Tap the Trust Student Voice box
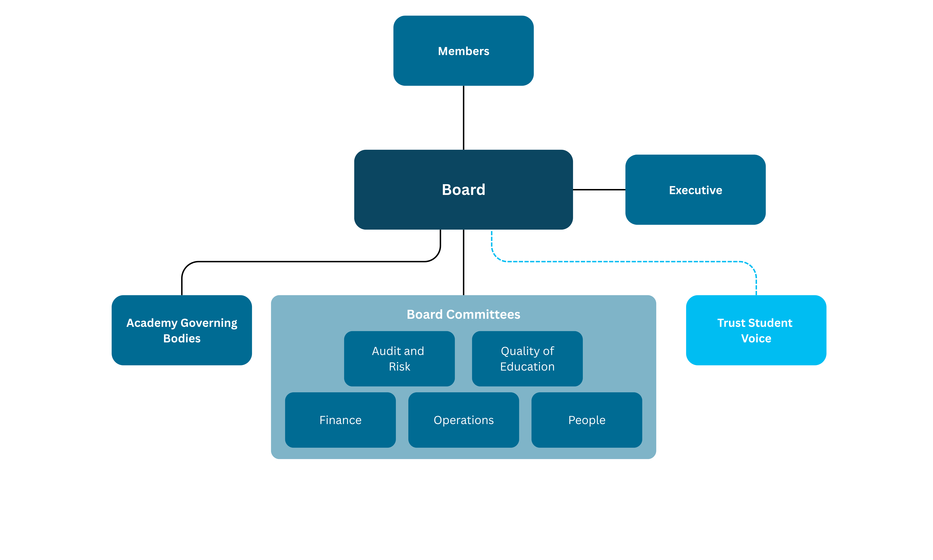tap(756, 330)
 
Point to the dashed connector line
tap(622, 261)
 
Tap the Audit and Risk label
tap(398, 359)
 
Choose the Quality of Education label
tap(527, 359)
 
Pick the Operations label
tap(464, 420)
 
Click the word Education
tap(527, 366)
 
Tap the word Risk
tap(399, 366)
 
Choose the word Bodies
tap(182, 338)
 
